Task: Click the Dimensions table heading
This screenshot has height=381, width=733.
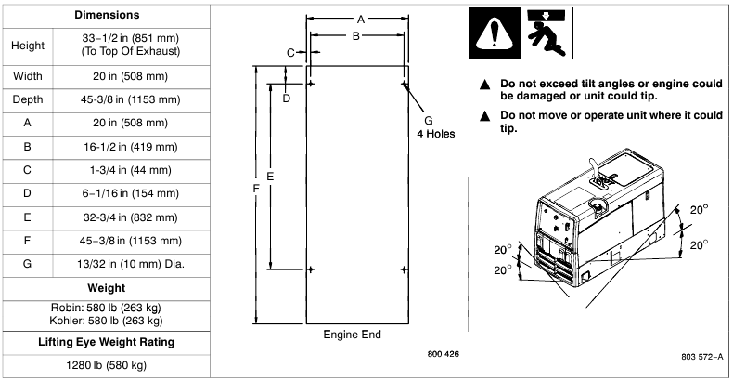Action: click(x=107, y=15)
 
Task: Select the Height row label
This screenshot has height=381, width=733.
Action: click(x=28, y=45)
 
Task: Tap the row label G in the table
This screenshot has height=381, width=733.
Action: click(x=28, y=264)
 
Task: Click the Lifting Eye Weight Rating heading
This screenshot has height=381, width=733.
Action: click(x=107, y=342)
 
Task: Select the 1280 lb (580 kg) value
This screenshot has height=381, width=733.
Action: click(x=107, y=364)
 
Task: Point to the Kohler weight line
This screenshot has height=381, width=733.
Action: click(x=107, y=321)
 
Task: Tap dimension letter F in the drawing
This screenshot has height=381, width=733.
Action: click(x=255, y=189)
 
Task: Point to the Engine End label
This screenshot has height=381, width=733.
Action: click(x=352, y=335)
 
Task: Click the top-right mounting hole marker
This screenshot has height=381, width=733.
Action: click(x=405, y=85)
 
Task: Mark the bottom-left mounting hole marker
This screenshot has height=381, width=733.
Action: click(x=311, y=269)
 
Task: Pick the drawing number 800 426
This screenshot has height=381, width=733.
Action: click(x=444, y=354)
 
